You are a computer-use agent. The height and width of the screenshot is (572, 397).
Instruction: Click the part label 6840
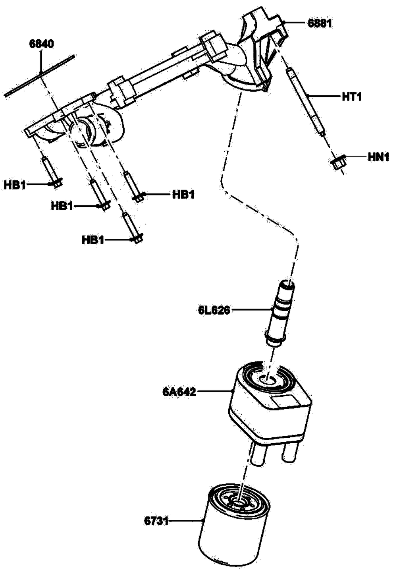[x=41, y=44]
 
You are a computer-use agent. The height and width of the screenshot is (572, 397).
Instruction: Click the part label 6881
[x=320, y=23]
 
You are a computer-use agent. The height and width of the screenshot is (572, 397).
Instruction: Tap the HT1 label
[x=352, y=97]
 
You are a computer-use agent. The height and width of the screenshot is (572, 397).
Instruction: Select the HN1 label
[x=378, y=157]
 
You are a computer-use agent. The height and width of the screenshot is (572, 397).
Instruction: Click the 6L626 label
[x=214, y=310]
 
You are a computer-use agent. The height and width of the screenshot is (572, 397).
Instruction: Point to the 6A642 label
[x=179, y=392]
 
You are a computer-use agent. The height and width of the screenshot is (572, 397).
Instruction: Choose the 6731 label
[x=156, y=520]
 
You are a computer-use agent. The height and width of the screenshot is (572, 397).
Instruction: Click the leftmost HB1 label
[x=15, y=185]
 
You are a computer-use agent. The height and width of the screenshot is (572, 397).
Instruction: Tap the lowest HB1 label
[x=93, y=240]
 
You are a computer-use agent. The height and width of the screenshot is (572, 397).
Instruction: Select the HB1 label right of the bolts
[x=183, y=194]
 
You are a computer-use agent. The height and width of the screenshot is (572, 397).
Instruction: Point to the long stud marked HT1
[x=306, y=101]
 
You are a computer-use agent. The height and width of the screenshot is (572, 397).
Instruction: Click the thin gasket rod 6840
[x=40, y=75]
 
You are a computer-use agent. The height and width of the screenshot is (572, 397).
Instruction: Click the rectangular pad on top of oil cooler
[x=285, y=401]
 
